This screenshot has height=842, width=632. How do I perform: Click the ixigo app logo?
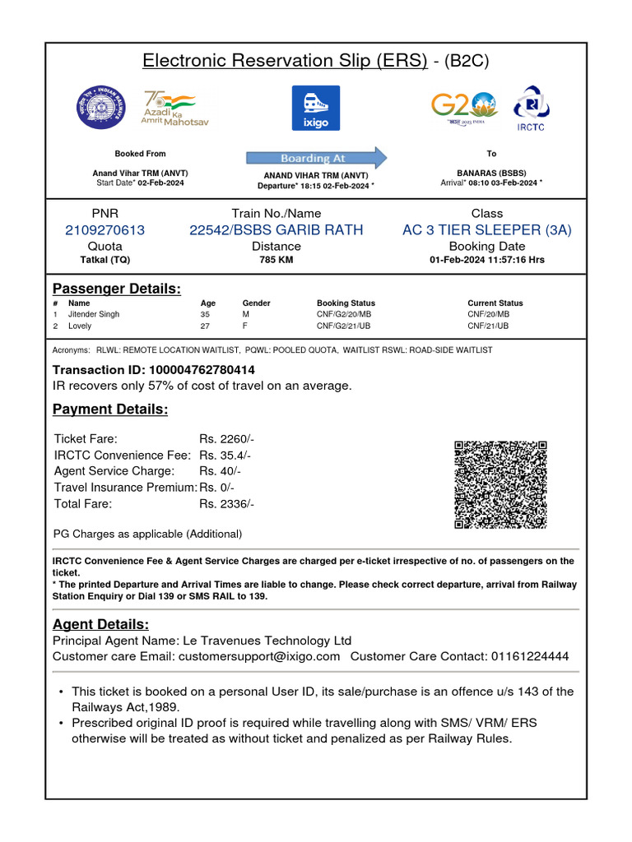[316, 108]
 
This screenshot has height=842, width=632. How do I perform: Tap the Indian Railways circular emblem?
[102, 108]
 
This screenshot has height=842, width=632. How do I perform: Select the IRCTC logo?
[531, 107]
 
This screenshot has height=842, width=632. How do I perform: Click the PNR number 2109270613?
[105, 230]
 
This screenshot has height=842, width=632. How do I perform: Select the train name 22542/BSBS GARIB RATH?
[276, 230]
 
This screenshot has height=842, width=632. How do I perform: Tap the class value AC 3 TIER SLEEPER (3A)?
[486, 230]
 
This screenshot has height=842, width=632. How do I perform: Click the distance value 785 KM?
[276, 260]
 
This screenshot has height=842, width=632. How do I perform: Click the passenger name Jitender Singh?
[93, 314]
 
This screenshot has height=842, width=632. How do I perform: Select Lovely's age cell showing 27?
[205, 326]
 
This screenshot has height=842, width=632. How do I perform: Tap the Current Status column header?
[495, 303]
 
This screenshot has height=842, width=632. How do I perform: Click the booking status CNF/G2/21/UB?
[344, 326]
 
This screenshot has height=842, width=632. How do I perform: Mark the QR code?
[500, 484]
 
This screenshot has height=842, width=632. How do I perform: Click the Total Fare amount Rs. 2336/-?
[226, 503]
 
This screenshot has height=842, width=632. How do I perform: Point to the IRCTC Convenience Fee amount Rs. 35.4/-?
[225, 455]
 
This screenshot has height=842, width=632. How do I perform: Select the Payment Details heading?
[110, 409]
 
